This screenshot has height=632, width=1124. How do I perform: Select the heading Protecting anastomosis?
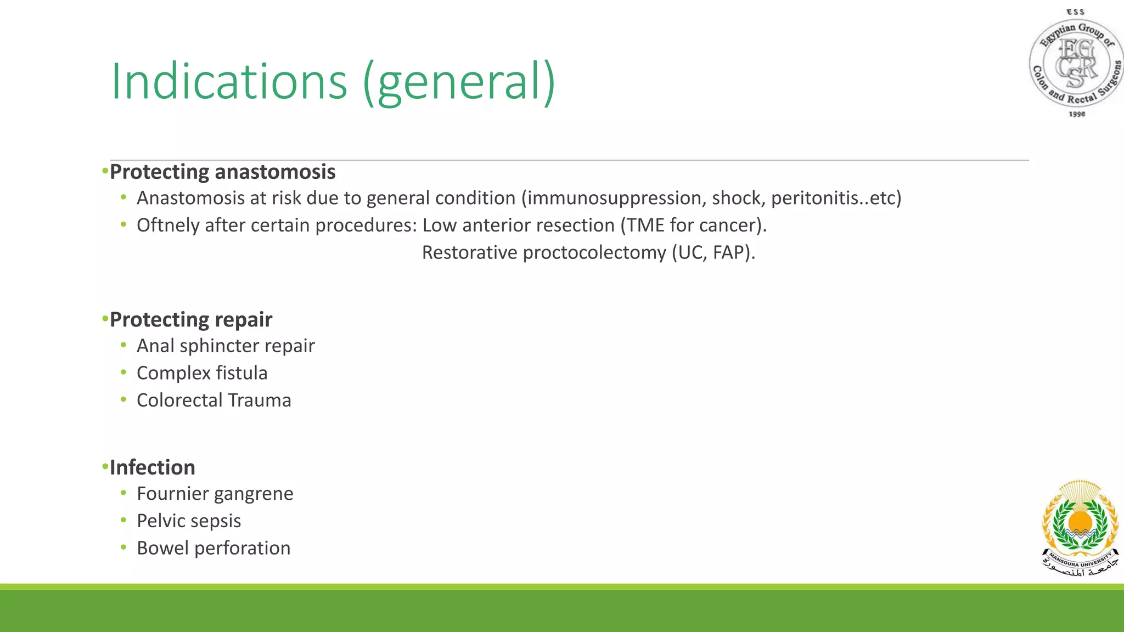pyautogui.click(x=222, y=172)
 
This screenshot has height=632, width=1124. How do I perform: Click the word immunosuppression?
pyautogui.click(x=615, y=198)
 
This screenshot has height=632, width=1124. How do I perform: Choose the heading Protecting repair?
pyautogui.click(x=191, y=320)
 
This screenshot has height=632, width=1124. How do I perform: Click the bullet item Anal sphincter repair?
pyautogui.click(x=226, y=346)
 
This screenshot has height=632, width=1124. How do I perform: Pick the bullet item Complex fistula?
pyautogui.click(x=202, y=373)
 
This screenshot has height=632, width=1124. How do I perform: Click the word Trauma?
pyautogui.click(x=259, y=400)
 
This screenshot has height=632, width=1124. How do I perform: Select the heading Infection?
pyautogui.click(x=153, y=467)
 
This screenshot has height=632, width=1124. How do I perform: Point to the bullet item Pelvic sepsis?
pyautogui.click(x=189, y=521)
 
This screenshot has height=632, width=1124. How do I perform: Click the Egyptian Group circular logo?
pyautogui.click(x=1076, y=63)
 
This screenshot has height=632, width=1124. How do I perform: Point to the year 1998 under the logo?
pyautogui.click(x=1077, y=114)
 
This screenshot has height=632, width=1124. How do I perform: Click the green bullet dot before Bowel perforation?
pyautogui.click(x=123, y=547)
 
